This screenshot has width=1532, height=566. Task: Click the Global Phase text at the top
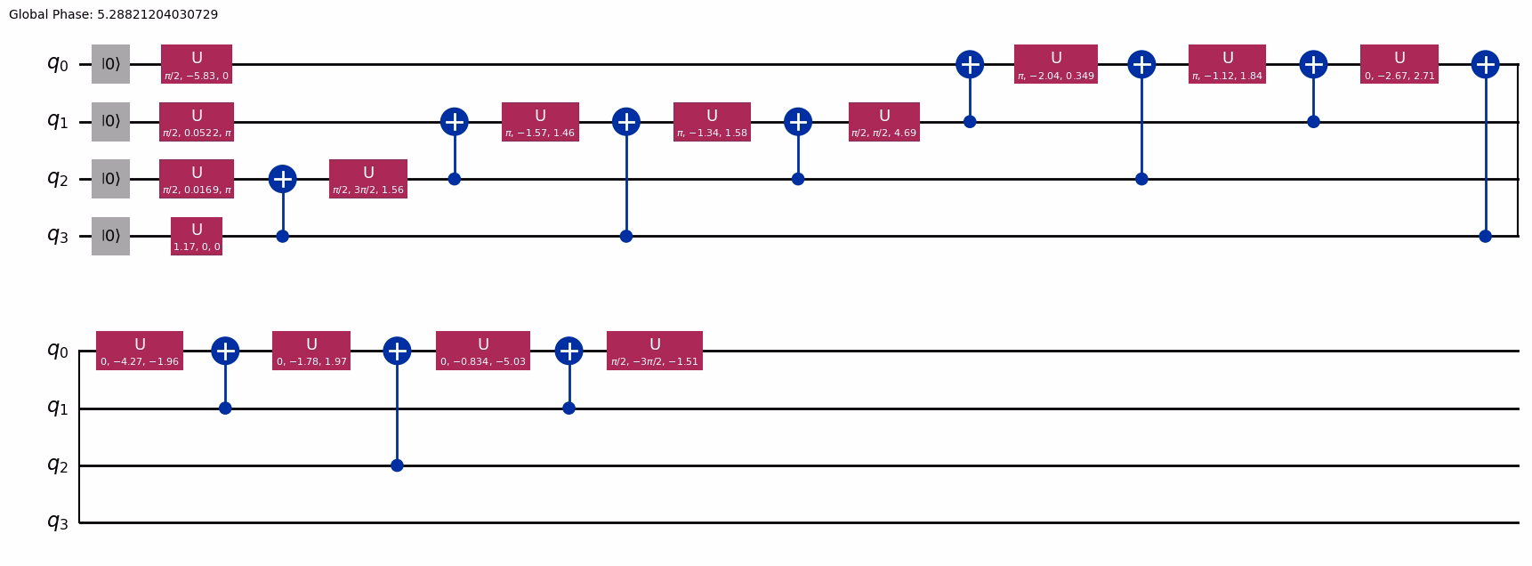point(113,14)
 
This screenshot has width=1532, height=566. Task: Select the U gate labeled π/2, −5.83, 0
point(197,64)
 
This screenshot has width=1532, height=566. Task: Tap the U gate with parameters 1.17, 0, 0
point(197,236)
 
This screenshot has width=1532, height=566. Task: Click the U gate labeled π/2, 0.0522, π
point(197,122)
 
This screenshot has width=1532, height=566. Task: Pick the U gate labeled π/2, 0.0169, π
point(197,179)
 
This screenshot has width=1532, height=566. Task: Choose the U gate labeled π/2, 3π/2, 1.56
point(368,179)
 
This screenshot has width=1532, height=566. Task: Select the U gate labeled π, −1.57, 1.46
point(540,122)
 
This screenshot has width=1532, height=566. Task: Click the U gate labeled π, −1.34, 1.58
point(712,122)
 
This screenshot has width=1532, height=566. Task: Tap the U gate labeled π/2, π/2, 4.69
point(883,122)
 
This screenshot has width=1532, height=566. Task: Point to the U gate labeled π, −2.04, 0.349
point(1056,64)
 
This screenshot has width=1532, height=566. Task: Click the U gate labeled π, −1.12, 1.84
point(1228,64)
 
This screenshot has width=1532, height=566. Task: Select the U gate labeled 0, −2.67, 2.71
point(1399,64)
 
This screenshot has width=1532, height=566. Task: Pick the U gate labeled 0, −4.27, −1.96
point(140,351)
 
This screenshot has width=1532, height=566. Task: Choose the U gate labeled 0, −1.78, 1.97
point(311,351)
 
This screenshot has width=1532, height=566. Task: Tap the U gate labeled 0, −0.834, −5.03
point(483,351)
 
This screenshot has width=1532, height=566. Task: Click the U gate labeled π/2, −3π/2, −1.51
point(655,351)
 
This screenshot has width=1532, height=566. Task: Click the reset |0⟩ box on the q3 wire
point(111,236)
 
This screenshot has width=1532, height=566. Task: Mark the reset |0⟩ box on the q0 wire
point(111,64)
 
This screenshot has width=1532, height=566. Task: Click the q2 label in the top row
point(57,179)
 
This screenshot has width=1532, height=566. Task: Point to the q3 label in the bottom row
point(57,522)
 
